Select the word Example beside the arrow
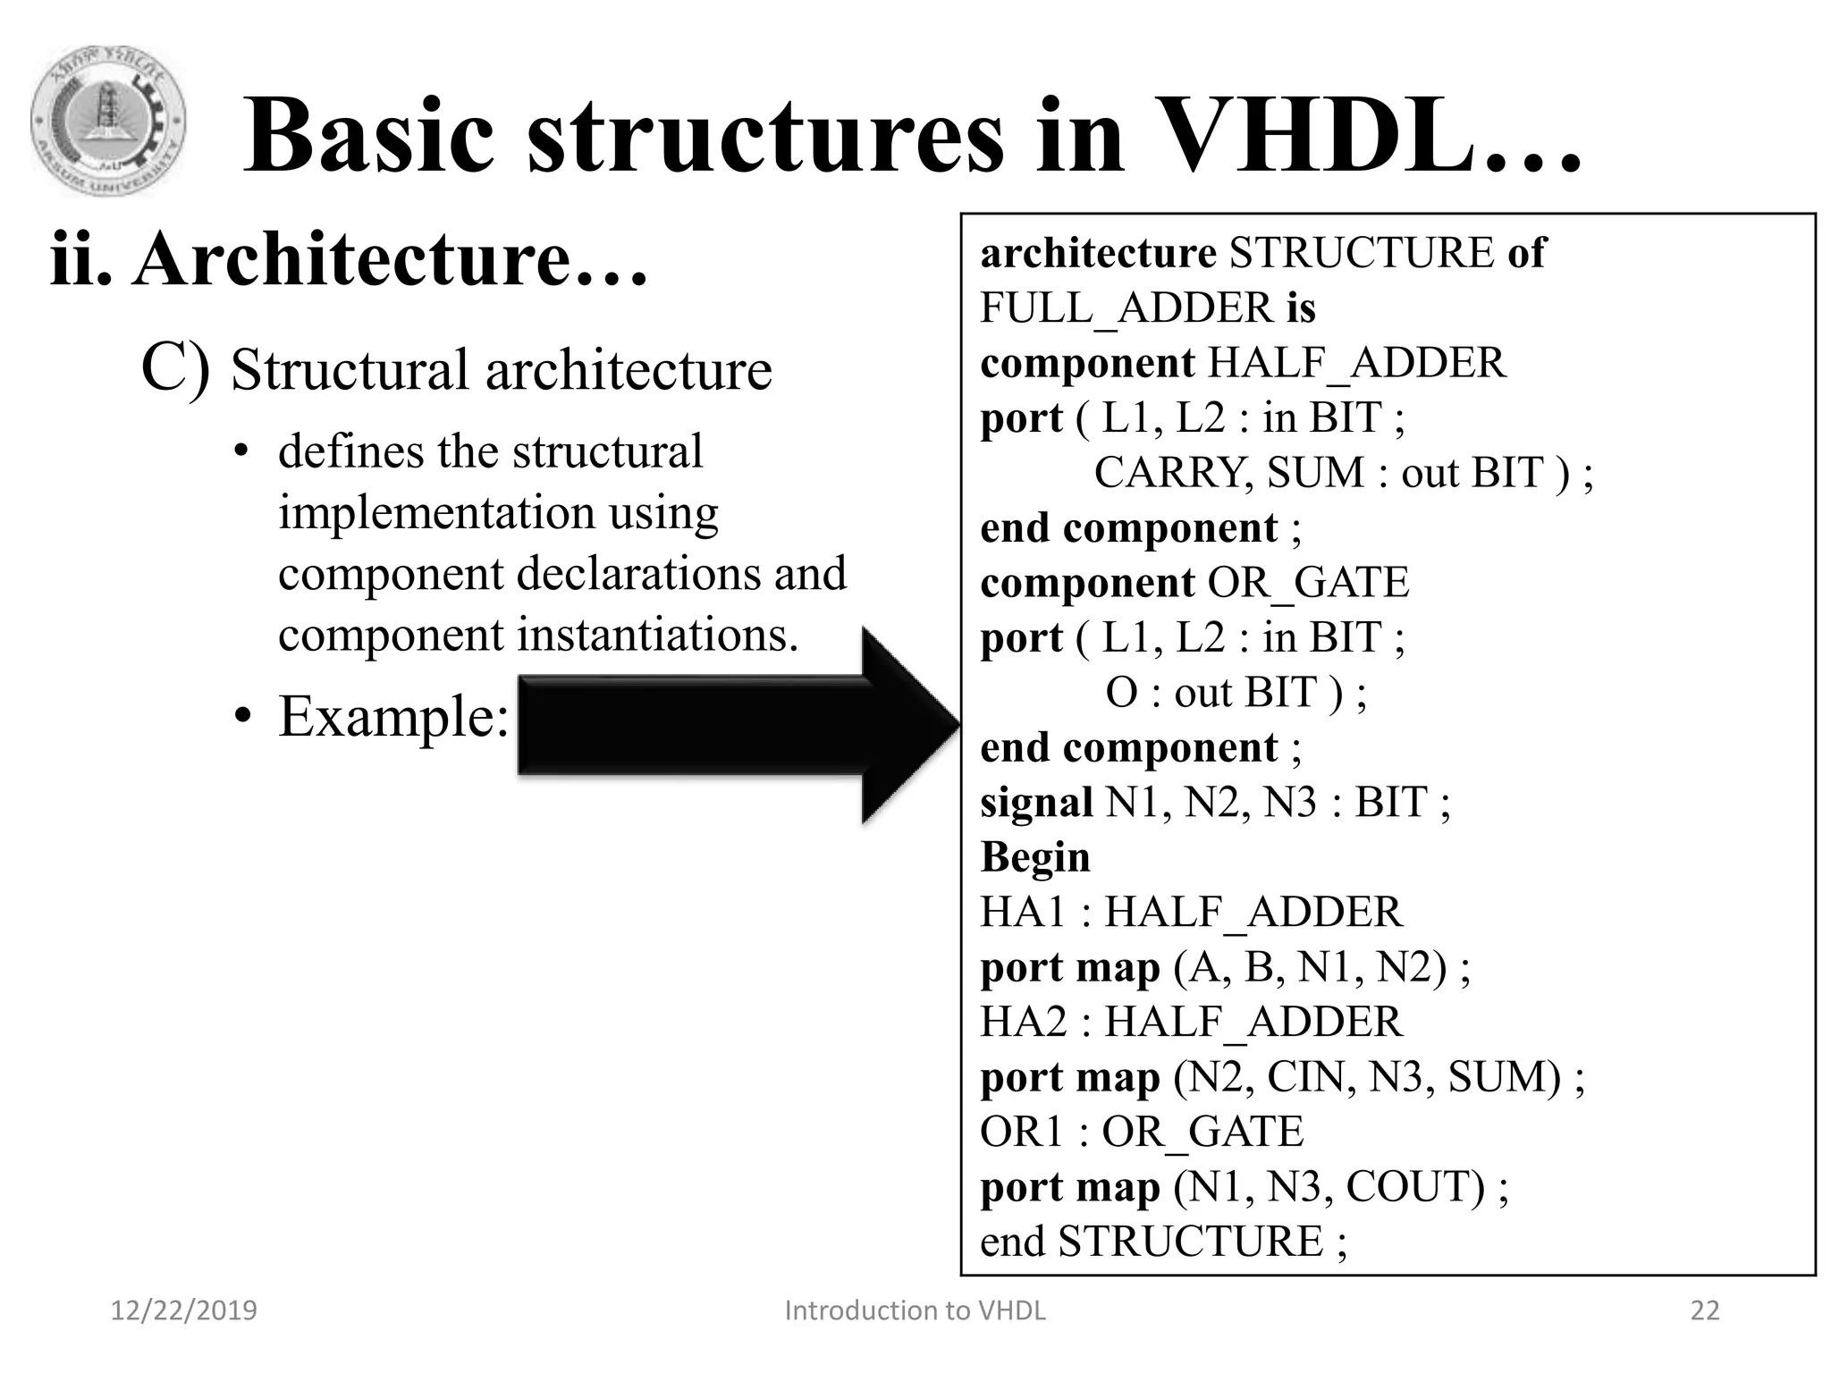[392, 716]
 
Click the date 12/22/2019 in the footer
[183, 1310]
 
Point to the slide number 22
[1705, 1310]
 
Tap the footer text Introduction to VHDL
[915, 1310]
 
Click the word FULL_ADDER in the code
[1126, 308]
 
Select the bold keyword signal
[1036, 802]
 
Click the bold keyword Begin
[1035, 857]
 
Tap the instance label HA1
[1024, 913]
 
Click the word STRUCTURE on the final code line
[1190, 1242]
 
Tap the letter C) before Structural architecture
[175, 368]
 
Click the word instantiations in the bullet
[657, 636]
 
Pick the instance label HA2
[1024, 1022]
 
